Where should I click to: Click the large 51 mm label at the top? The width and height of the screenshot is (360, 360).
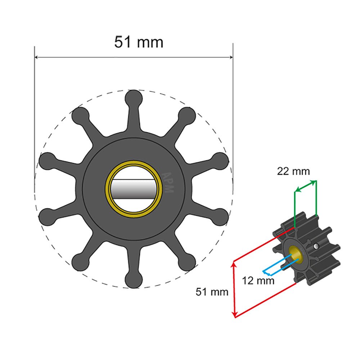[x=139, y=42]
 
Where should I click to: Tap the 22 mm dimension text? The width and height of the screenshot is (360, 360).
[x=293, y=171]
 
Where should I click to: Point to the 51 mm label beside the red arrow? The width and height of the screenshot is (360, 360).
[x=212, y=292]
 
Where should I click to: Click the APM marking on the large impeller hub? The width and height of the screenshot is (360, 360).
[x=168, y=182]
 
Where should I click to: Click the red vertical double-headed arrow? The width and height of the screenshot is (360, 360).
[x=235, y=290]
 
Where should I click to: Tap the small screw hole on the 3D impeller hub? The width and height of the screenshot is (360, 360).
[x=316, y=246]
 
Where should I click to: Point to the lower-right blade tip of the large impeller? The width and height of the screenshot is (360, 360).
[x=188, y=261]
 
